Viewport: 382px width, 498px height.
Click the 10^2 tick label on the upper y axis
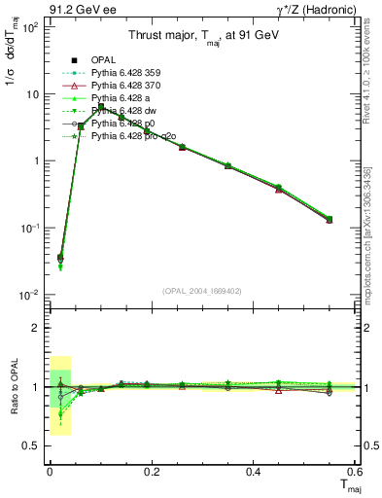(29, 27)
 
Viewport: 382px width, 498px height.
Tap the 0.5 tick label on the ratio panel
(32, 445)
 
